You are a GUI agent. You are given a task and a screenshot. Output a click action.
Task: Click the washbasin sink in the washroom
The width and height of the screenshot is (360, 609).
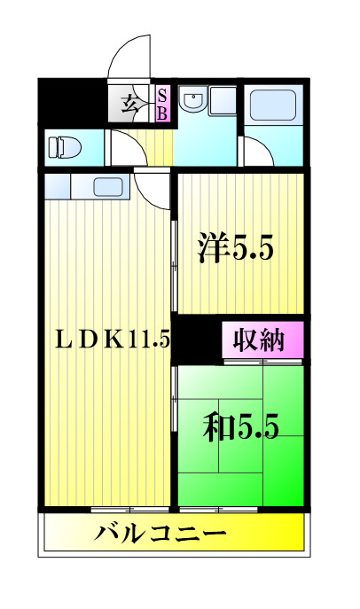coord(192,102)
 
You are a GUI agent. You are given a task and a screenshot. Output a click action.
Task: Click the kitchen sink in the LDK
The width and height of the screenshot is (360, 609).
coord(107,187)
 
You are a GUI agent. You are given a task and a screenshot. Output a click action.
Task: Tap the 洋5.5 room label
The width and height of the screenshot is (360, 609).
coord(234,247)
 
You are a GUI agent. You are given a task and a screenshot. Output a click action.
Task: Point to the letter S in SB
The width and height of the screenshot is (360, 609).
coord(163,96)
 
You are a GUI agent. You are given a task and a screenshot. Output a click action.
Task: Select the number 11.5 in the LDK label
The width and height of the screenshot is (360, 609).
coord(151,339)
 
